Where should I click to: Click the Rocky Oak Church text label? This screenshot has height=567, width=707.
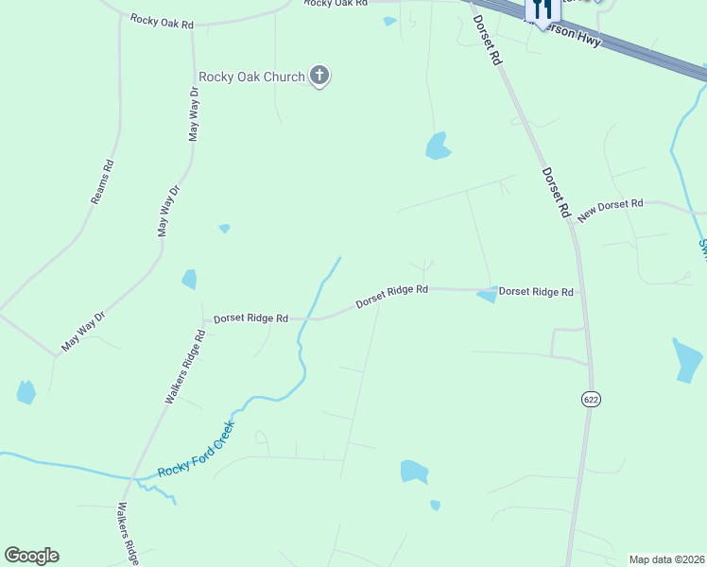[251, 77]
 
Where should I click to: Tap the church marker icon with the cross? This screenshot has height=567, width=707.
[319, 76]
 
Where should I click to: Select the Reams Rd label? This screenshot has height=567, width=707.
[102, 182]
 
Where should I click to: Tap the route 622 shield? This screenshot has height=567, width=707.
[591, 399]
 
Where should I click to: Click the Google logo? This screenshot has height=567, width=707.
[31, 556]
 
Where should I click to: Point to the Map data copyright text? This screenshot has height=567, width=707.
[666, 559]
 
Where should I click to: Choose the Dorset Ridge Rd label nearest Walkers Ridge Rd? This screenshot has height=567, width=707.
[250, 318]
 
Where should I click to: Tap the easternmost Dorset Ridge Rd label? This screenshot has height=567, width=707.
[536, 292]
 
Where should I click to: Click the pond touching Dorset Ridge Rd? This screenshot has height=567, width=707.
[488, 296]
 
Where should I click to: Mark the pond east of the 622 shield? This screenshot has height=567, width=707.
[687, 359]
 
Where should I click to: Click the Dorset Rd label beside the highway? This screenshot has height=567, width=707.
[487, 39]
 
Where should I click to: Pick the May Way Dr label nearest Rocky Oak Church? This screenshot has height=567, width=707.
[195, 114]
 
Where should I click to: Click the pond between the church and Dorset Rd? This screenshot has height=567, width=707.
[437, 146]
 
